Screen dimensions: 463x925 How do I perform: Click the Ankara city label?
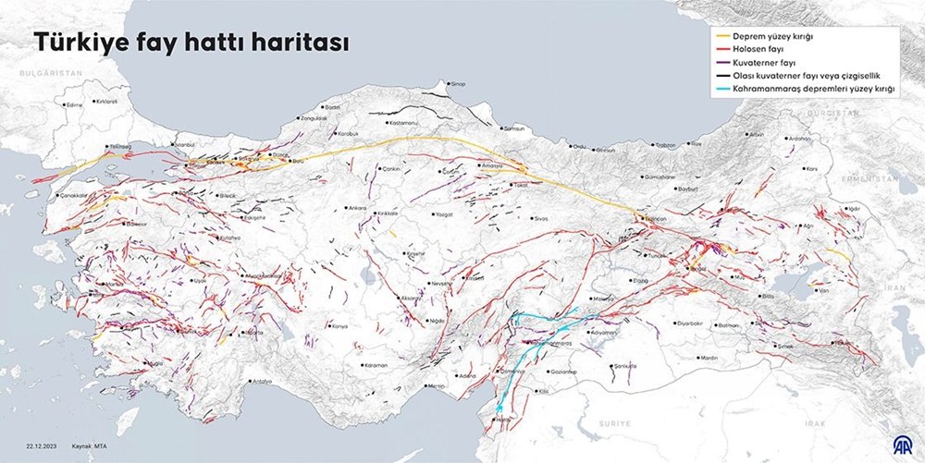point(355,208)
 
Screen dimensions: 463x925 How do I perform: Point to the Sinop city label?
point(457,84)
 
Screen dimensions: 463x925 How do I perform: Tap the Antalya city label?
point(262,381)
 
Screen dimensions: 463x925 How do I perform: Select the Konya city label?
point(339,326)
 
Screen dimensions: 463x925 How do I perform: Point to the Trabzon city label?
point(664,145)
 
